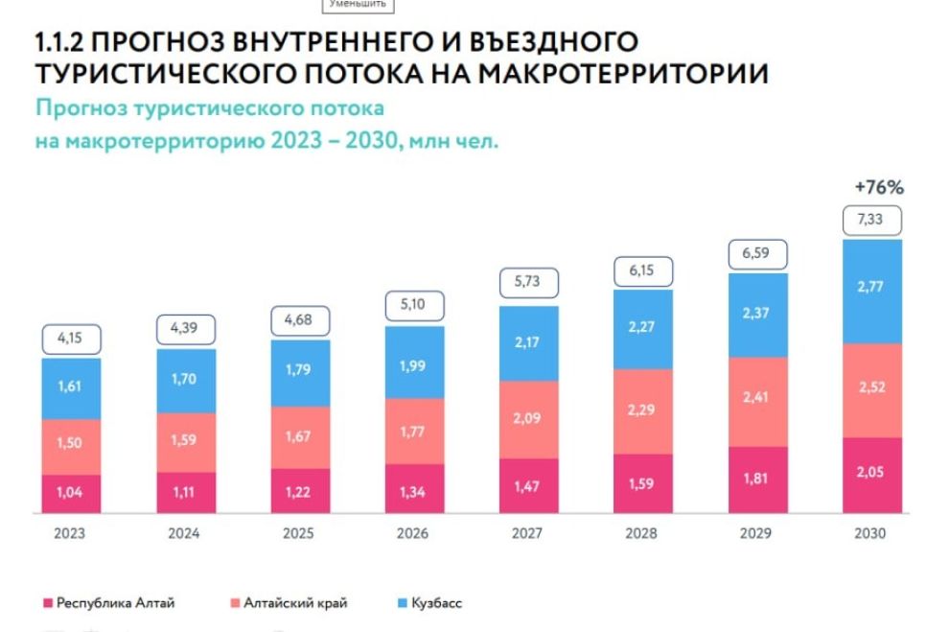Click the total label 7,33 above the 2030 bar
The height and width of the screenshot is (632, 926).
tap(871, 222)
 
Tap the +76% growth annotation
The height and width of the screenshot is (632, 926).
tap(878, 187)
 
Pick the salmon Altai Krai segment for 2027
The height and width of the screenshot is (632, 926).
tap(528, 418)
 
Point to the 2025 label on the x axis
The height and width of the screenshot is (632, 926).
tap(300, 533)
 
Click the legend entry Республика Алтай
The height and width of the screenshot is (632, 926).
tap(116, 603)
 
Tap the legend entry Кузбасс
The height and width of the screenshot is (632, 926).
tap(436, 603)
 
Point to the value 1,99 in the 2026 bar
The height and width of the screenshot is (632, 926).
tap(414, 363)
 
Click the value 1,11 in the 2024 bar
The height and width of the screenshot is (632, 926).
tap(186, 492)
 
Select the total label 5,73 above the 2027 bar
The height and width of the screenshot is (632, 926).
tap(529, 283)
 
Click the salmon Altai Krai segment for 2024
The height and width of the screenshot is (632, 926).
tap(186, 442)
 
